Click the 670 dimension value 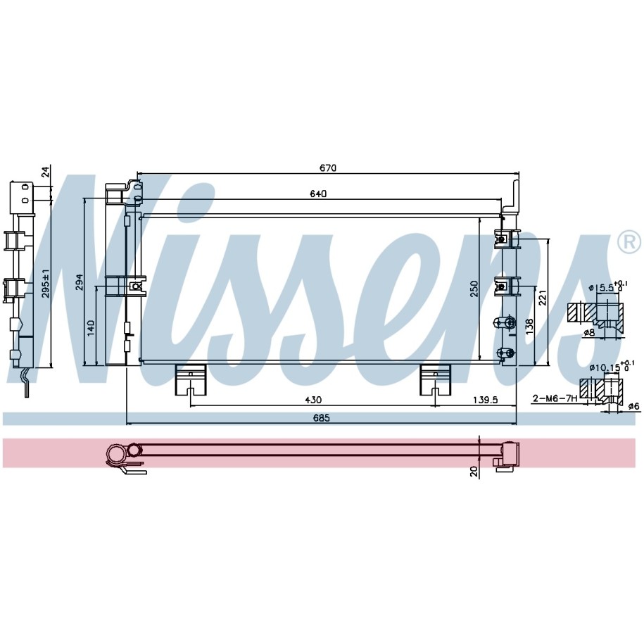tap(328, 168)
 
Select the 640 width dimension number tap(318, 194)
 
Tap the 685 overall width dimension tap(321, 418)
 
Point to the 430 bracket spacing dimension tap(313, 400)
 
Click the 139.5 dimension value tap(485, 400)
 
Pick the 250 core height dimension tap(474, 289)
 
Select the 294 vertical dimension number tap(80, 282)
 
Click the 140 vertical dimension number tap(91, 328)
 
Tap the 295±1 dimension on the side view tap(46, 284)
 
